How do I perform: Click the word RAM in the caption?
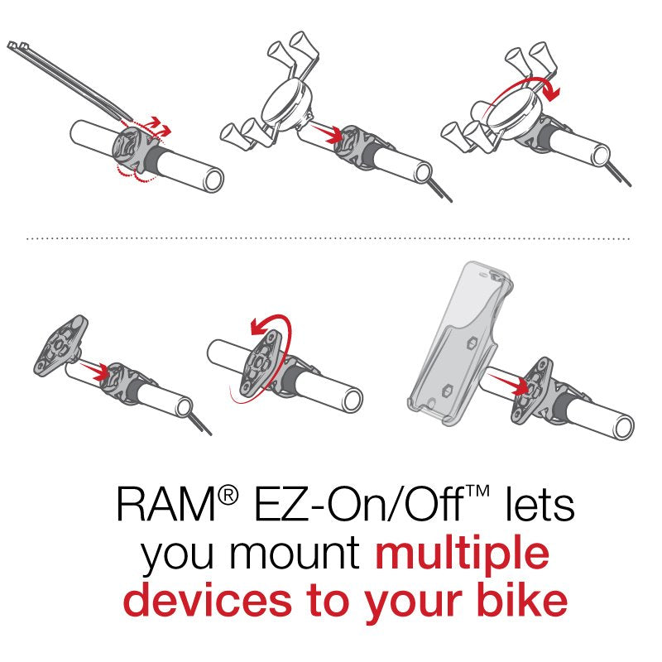point(163,506)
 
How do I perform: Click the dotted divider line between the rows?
point(331,238)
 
